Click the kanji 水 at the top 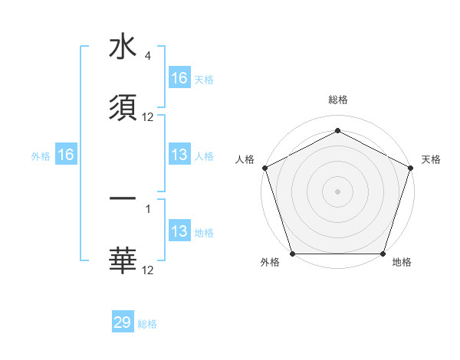tap(123, 47)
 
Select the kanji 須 tap(123, 108)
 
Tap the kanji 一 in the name tap(123, 198)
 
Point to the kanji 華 tap(123, 260)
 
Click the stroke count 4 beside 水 tap(147, 56)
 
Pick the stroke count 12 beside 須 tap(148, 117)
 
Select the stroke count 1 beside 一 tap(148, 208)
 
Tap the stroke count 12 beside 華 tap(148, 269)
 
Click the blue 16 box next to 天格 tap(179, 78)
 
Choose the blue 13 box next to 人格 tap(179, 155)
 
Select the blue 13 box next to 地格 tap(179, 232)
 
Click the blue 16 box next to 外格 tap(66, 155)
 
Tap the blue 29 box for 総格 tap(123, 322)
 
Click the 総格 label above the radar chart tap(337, 100)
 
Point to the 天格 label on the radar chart tap(431, 159)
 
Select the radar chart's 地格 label tap(402, 263)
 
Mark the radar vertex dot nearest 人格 tap(264, 168)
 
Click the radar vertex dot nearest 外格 tap(292, 254)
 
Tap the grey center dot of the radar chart tap(337, 191)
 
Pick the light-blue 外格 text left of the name tap(41, 155)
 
